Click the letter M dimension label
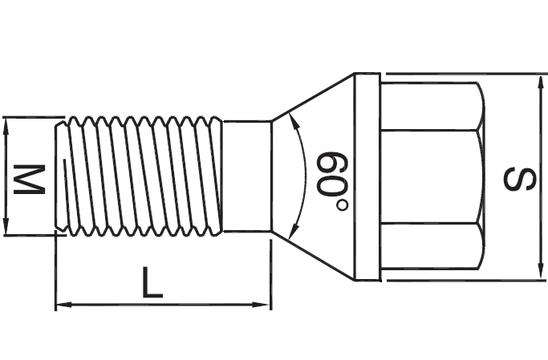[30, 178]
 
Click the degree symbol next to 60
[343, 205]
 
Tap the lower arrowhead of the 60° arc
[298, 228]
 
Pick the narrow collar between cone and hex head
[367, 177]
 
